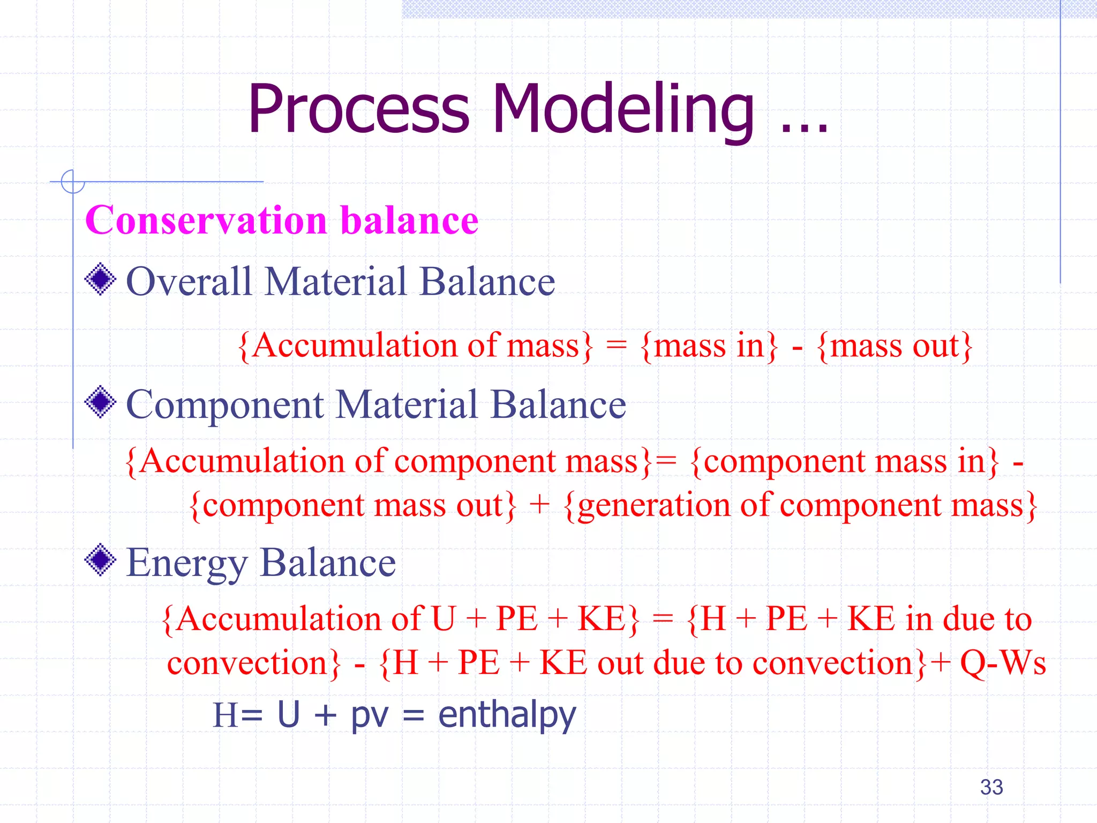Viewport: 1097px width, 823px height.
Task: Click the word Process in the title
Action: pos(358,110)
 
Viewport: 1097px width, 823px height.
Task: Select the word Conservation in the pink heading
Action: pos(206,220)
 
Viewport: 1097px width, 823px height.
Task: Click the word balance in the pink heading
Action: pos(409,220)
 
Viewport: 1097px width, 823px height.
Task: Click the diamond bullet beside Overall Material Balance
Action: pos(100,279)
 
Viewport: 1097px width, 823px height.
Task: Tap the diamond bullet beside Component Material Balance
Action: pos(100,402)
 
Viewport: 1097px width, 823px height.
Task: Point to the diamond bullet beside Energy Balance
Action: pos(100,560)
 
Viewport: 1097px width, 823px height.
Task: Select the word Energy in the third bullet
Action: pos(186,564)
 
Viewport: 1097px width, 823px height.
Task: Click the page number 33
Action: pos(991,787)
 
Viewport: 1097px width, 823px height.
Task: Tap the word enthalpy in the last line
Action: pos(507,715)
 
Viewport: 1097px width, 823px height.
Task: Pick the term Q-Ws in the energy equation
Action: pos(1002,663)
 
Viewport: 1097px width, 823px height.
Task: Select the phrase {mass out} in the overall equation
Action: pos(894,346)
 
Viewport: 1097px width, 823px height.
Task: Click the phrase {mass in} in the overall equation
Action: pos(708,346)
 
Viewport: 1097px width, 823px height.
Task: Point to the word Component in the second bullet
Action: pos(225,405)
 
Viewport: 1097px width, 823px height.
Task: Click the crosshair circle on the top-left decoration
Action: pos(73,182)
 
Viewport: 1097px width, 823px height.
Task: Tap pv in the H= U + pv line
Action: pos(369,715)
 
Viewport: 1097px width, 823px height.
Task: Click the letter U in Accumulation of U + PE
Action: pos(444,619)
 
